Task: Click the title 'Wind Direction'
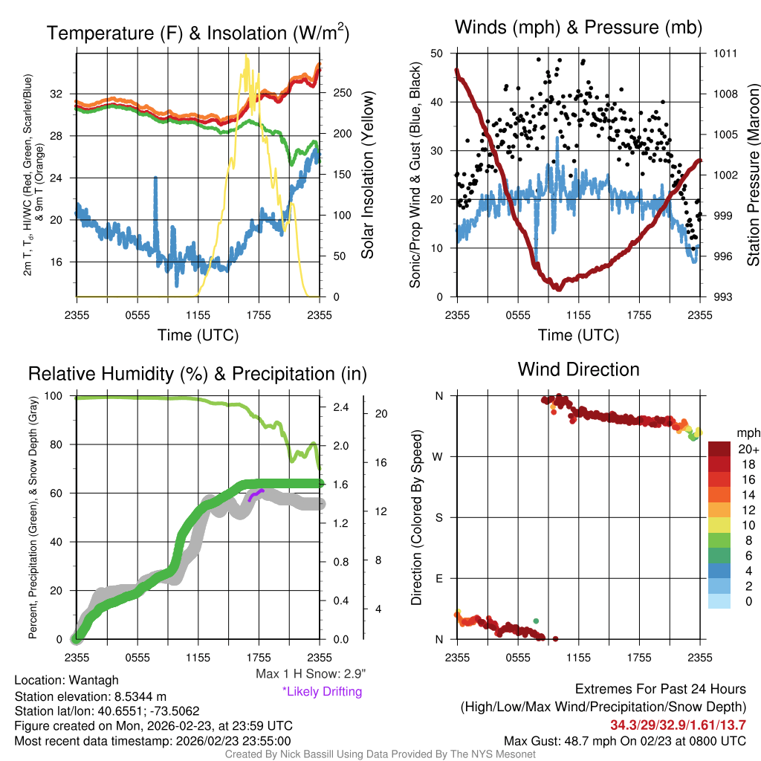pyautogui.click(x=578, y=369)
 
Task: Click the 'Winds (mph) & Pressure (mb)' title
pyautogui.click(x=578, y=28)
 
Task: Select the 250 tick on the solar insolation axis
pyautogui.click(x=343, y=94)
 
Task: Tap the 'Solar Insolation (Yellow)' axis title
pyautogui.click(x=368, y=175)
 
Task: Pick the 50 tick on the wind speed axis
pyautogui.click(x=437, y=54)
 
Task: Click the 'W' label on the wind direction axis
pyautogui.click(x=438, y=457)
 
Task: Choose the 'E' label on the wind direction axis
pyautogui.click(x=438, y=578)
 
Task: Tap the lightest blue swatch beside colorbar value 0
pyautogui.click(x=719, y=602)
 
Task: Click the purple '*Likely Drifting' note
pyautogui.click(x=322, y=691)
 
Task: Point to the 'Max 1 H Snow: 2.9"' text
pyautogui.click(x=310, y=674)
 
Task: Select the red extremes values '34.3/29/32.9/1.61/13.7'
pyautogui.click(x=678, y=725)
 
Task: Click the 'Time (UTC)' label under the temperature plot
pyautogui.click(x=198, y=335)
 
